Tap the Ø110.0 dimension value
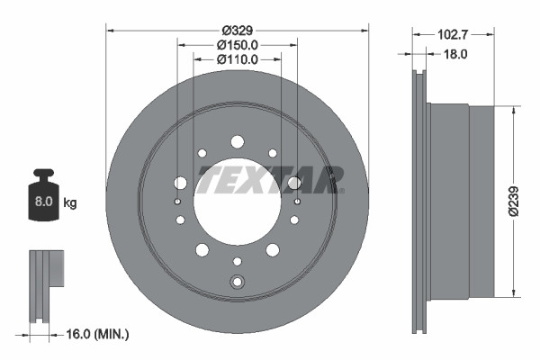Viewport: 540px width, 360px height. [x=238, y=59]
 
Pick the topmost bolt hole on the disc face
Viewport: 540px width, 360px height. [x=238, y=141]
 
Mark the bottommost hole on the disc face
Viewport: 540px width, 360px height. [x=238, y=281]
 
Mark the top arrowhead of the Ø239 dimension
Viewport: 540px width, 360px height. [x=514, y=109]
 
